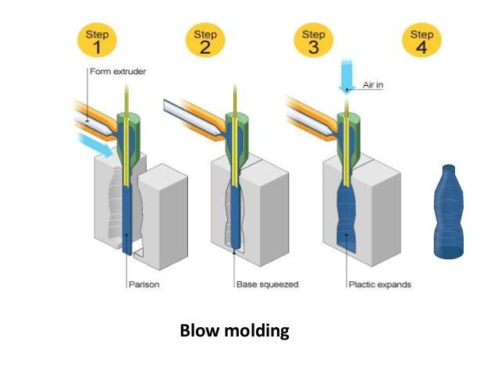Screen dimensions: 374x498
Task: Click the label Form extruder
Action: point(117,73)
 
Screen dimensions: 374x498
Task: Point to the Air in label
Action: point(375,85)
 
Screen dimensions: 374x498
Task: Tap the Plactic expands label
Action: point(379,284)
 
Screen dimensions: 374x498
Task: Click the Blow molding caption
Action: point(234,330)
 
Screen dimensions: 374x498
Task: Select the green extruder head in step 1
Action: point(126,133)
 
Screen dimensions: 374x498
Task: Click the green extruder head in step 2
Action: point(235,133)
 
